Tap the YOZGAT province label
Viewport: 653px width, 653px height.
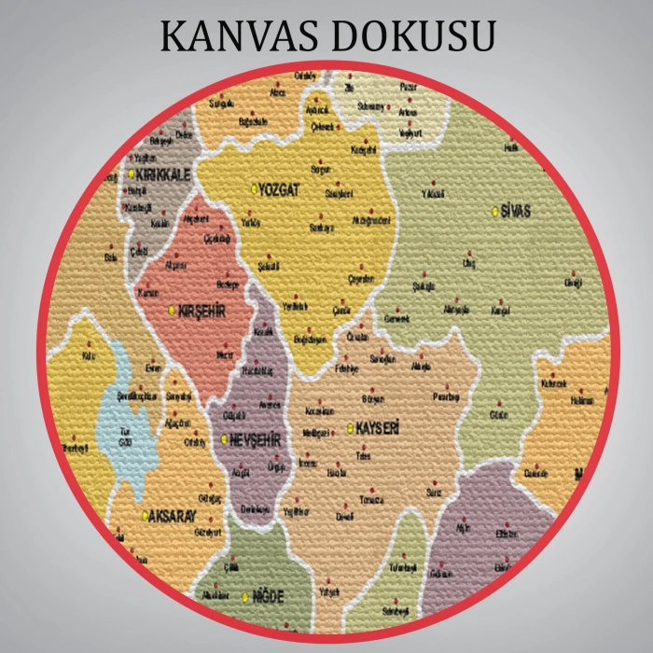(280, 189)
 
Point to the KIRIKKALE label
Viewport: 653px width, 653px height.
(164, 174)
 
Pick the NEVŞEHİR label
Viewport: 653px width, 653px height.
(257, 438)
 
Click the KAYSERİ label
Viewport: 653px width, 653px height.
(378, 428)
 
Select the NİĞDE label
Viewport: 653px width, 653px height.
(268, 596)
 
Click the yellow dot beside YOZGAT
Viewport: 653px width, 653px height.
(254, 189)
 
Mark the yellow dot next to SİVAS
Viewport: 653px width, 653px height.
(495, 212)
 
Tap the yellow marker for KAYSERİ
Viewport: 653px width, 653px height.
(350, 429)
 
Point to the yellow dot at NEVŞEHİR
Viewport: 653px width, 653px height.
(225, 438)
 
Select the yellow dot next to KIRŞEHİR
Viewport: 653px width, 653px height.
(172, 311)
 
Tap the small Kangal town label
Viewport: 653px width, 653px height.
(502, 310)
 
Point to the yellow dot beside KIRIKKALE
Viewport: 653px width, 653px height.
(132, 174)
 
